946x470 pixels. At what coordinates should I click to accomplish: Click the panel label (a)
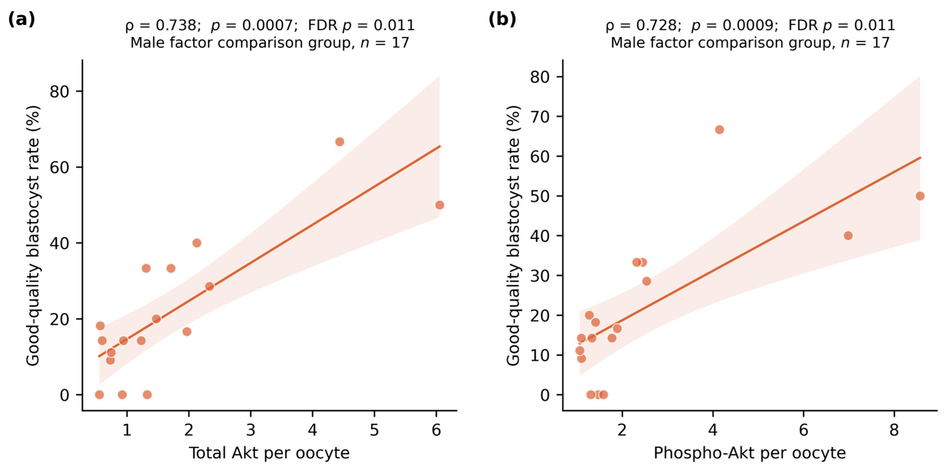[x=21, y=19]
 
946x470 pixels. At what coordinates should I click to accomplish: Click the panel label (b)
[x=502, y=19]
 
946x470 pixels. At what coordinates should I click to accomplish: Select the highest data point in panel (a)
[x=340, y=142]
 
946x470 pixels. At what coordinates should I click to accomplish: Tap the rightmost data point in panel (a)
[x=440, y=205]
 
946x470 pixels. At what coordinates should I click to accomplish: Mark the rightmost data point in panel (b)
[x=920, y=196]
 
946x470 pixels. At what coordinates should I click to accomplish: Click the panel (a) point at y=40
[x=197, y=243]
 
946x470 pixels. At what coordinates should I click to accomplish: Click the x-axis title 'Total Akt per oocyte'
[x=269, y=453]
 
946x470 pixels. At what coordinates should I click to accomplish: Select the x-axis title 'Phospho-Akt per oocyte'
[x=750, y=453]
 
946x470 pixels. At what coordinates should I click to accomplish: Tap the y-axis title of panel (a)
[x=33, y=235]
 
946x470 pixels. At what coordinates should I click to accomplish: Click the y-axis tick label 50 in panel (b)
[x=540, y=196]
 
